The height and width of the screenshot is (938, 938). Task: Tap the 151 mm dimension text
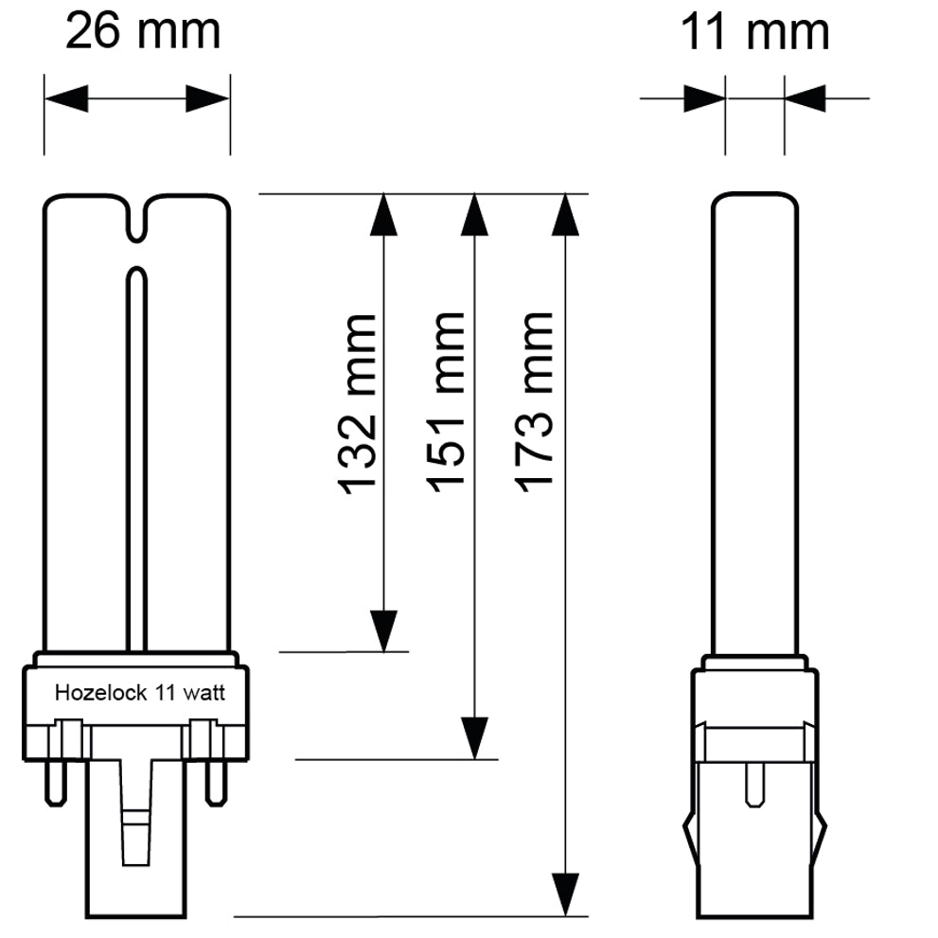(447, 401)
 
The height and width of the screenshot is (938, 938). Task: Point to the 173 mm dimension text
(534, 398)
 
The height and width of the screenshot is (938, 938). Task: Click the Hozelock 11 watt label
(139, 693)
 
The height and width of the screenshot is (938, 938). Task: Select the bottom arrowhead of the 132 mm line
(383, 629)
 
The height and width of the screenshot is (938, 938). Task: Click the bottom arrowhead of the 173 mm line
(565, 894)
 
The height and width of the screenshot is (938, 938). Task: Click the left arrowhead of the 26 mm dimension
(66, 98)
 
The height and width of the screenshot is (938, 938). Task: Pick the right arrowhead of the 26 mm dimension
(207, 98)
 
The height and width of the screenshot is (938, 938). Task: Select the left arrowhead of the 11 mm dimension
(703, 97)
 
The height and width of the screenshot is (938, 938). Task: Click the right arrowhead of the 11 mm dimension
(805, 97)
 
